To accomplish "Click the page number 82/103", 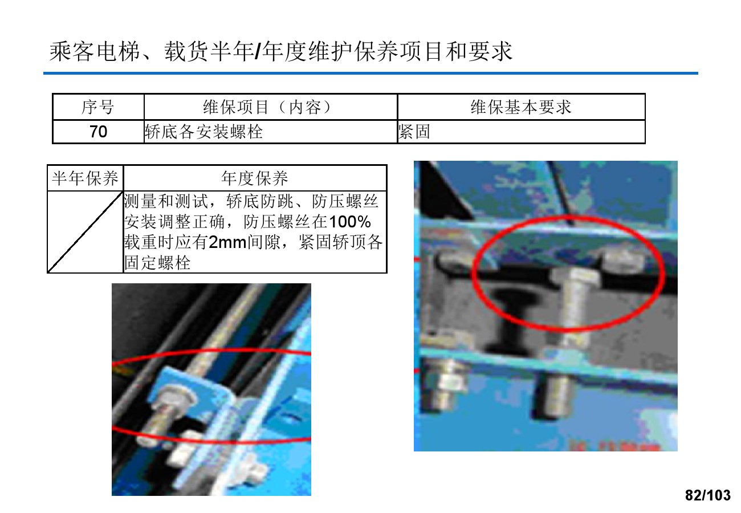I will click(707, 495).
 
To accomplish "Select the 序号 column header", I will click(98, 107).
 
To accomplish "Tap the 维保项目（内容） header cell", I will click(270, 107).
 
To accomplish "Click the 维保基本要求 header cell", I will click(521, 107).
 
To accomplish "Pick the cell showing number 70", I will click(98, 132).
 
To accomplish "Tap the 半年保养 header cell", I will click(85, 178).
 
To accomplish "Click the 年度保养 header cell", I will click(255, 178).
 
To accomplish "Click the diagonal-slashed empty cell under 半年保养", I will click(85, 232).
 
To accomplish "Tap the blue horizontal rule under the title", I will click(370, 73).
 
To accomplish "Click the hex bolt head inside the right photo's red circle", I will click(575, 277).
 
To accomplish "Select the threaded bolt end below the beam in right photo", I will click(553, 396).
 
